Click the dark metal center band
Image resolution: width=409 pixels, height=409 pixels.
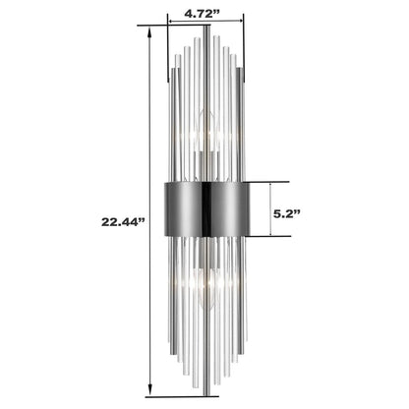point(205,208)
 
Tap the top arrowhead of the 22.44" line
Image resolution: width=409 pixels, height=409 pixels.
point(149,31)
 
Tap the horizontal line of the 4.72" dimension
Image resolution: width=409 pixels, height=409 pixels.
point(205,28)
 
